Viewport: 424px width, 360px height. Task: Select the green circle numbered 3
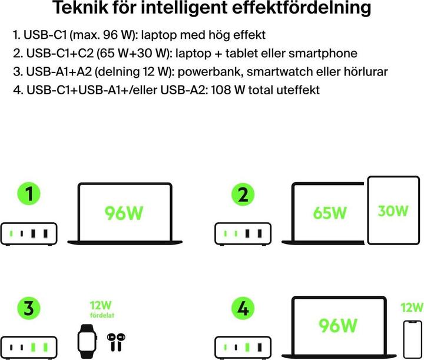tap(29, 308)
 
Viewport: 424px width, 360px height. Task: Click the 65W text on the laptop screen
tap(330, 212)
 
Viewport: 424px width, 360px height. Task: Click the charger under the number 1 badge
tap(29, 233)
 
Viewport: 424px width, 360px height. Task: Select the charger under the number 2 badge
tap(243, 233)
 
